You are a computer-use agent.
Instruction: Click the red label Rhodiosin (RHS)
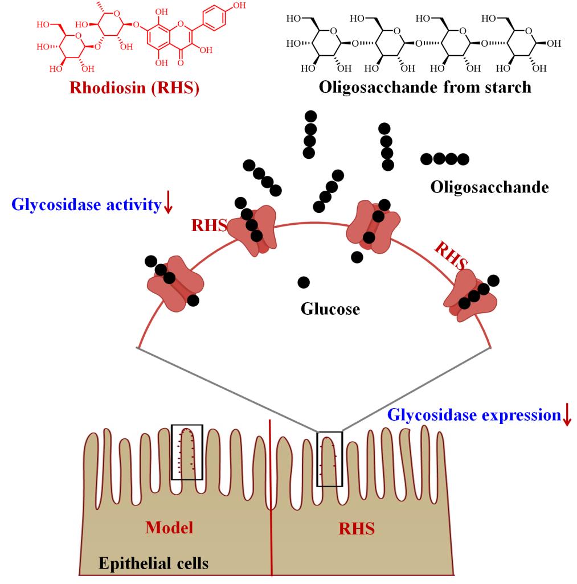[x=134, y=88]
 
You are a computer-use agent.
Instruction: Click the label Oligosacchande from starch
[x=425, y=87]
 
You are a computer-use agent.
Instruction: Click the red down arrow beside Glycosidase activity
[x=167, y=203]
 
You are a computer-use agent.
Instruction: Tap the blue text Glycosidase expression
[x=474, y=415]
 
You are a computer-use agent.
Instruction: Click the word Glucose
[x=330, y=309]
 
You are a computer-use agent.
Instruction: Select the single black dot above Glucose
[x=304, y=282]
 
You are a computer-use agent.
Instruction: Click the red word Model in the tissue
[x=169, y=528]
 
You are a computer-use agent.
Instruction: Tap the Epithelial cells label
[x=154, y=564]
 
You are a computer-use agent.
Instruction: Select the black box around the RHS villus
[x=329, y=459]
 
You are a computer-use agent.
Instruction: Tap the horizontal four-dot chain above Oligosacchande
[x=445, y=159]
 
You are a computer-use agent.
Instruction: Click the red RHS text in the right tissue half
[x=357, y=529]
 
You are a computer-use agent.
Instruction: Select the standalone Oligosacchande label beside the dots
[x=489, y=187]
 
